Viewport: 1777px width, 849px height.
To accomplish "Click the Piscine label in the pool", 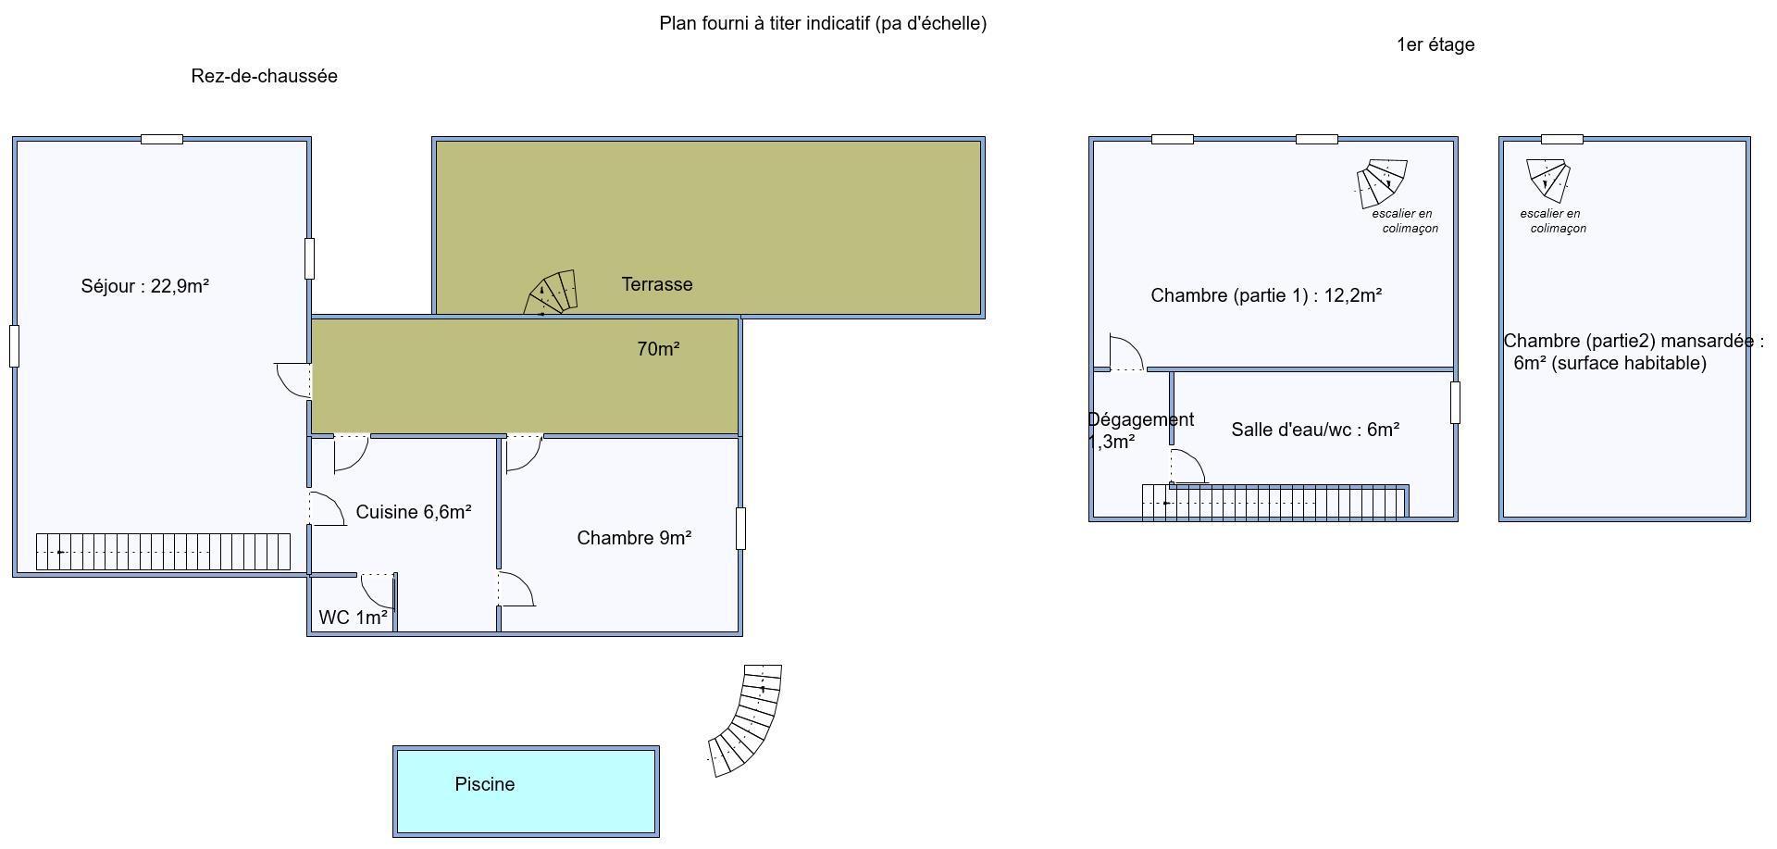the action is point(485,784).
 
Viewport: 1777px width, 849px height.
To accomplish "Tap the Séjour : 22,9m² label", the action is point(145,286).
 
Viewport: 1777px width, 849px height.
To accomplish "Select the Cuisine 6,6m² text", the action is point(414,512).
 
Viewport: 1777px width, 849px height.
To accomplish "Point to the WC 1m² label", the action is point(353,618).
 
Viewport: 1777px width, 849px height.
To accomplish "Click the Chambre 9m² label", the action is point(634,538).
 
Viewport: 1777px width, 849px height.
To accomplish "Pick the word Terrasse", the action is point(657,284).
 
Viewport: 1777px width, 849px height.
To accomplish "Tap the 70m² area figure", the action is point(658,349).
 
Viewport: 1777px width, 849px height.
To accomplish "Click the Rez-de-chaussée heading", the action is point(264,76).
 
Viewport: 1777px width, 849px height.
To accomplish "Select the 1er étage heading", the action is point(1435,44).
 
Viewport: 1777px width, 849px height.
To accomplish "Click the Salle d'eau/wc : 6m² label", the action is point(1315,430).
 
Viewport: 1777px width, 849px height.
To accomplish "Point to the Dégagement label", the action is point(1141,419).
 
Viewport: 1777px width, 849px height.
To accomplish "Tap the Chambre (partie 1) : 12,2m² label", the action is point(1266,295).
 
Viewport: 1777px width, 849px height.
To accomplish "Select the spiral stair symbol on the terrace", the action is point(552,293).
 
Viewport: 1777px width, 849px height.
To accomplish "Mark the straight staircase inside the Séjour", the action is point(163,552).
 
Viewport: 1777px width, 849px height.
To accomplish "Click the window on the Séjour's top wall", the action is point(162,139).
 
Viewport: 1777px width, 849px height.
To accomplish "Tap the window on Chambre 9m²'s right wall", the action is point(740,528).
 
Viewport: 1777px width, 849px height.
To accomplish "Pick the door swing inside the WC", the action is point(378,591).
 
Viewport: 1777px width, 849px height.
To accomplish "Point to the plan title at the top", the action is point(823,23).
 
